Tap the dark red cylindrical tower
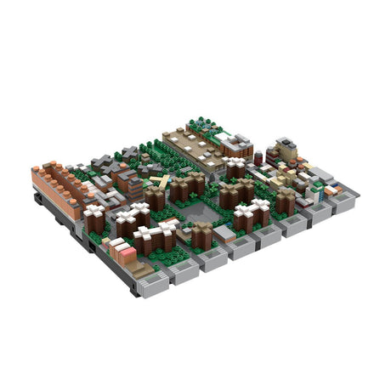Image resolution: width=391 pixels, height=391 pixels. pyautogui.click(x=269, y=156)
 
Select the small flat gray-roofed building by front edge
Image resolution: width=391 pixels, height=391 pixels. pyautogui.click(x=225, y=232)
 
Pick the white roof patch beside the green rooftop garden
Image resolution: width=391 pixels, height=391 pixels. pyautogui.click(x=225, y=136)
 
